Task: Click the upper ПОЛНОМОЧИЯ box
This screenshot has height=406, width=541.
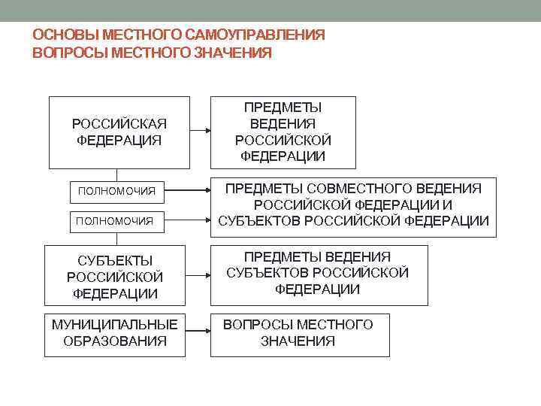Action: pyautogui.click(x=117, y=191)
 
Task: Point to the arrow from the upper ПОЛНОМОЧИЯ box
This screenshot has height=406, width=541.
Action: pyautogui.click(x=188, y=191)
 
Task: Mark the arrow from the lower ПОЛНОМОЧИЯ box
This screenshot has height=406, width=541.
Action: pyautogui.click(x=188, y=220)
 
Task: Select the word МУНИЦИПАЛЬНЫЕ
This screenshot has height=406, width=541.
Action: pyautogui.click(x=115, y=324)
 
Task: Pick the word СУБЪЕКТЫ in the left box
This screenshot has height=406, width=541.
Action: pyautogui.click(x=115, y=261)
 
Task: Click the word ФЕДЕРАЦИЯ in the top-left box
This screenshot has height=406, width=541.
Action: pyautogui.click(x=119, y=141)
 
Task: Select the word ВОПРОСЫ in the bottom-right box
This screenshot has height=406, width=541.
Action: pyautogui.click(x=257, y=324)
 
